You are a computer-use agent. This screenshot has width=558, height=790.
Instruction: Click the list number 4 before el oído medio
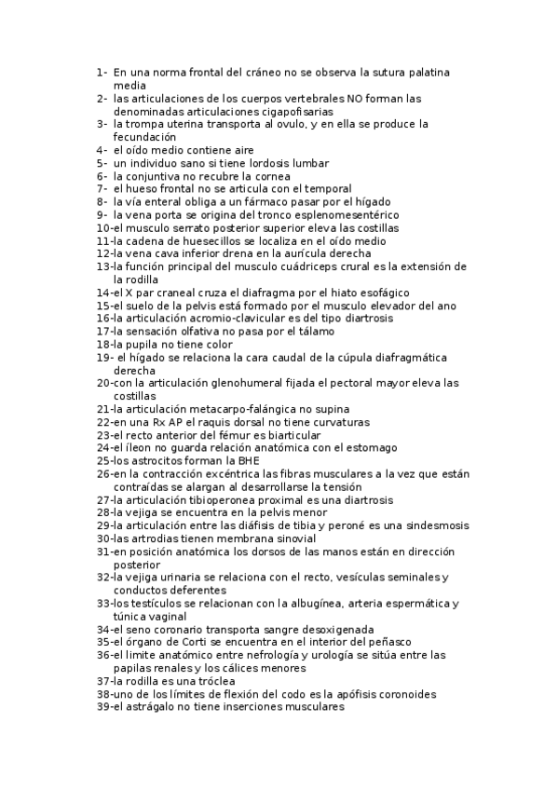(100, 150)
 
